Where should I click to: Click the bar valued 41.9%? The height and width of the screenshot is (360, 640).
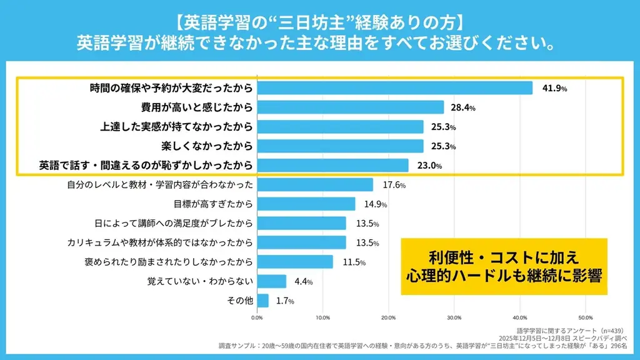[x=394, y=88]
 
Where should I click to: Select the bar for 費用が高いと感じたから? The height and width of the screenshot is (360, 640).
[x=350, y=107]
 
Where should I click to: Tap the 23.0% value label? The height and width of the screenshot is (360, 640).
[x=430, y=166]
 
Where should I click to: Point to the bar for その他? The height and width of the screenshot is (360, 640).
[x=262, y=301]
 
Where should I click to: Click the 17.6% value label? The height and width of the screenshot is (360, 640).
[x=394, y=185]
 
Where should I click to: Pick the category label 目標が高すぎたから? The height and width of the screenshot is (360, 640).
[x=213, y=204]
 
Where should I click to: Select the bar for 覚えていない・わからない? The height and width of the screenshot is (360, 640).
[x=271, y=281]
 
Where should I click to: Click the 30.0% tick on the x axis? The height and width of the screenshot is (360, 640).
[x=454, y=317]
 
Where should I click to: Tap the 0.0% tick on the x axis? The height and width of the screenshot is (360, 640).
[x=257, y=317]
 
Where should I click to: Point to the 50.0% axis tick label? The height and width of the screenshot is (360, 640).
[x=585, y=317]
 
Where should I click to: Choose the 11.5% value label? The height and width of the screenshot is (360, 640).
[x=354, y=262]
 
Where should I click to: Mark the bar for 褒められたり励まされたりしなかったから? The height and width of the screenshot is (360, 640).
[x=294, y=262]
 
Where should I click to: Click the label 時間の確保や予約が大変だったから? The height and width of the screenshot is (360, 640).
[x=171, y=88]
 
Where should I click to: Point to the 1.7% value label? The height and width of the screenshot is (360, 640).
[x=285, y=301]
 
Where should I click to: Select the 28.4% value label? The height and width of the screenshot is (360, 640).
[x=464, y=107]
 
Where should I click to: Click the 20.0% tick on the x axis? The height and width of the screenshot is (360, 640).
[x=388, y=317]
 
